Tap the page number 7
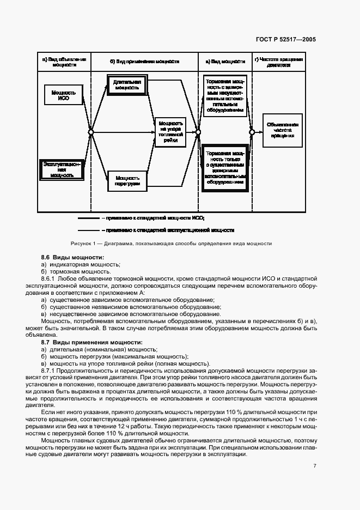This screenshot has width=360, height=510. (314, 466)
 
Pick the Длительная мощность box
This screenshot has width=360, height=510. (127, 84)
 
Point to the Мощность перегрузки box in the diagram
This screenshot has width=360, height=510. (127, 180)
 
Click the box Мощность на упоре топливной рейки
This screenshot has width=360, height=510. (171, 132)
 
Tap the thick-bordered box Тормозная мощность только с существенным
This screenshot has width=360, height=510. (225, 168)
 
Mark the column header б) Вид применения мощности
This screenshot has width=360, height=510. (143, 61)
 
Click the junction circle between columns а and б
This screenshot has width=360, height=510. (91, 132)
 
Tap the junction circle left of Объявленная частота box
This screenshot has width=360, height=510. (252, 132)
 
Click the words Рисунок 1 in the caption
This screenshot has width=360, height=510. (83, 244)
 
